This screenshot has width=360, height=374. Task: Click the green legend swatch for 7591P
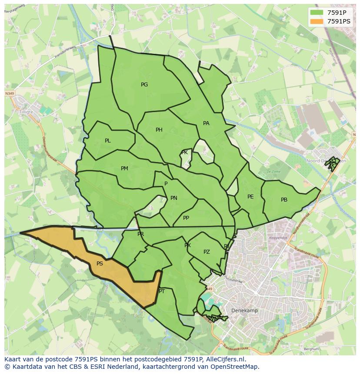pyautogui.click(x=317, y=13)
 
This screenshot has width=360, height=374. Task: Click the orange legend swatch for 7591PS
pyautogui.click(x=317, y=21)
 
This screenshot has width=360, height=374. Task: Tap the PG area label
pyautogui.click(x=144, y=85)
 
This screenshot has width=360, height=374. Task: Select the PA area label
pyautogui.click(x=206, y=123)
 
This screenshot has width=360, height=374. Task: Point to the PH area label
pyautogui.click(x=159, y=130)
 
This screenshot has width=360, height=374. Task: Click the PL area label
pyautogui.click(x=108, y=141)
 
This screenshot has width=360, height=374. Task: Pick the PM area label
pyautogui.click(x=124, y=169)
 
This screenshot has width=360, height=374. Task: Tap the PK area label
pyautogui.click(x=185, y=152)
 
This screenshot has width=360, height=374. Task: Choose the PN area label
pyautogui.click(x=174, y=198)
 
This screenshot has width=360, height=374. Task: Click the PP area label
pyautogui.click(x=186, y=218)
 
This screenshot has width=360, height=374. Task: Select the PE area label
pyautogui.click(x=250, y=197)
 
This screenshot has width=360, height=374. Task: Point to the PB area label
pyautogui.click(x=284, y=200)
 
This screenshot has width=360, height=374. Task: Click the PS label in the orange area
pyautogui.click(x=100, y=264)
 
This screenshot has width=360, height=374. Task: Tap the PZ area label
pyautogui.click(x=207, y=252)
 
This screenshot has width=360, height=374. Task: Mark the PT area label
pyautogui.click(x=162, y=291)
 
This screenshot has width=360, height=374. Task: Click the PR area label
pyautogui.click(x=140, y=234)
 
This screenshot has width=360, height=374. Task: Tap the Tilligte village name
pyautogui.click(x=27, y=111)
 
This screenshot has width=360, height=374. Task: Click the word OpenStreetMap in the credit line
pyautogui.click(x=235, y=367)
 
